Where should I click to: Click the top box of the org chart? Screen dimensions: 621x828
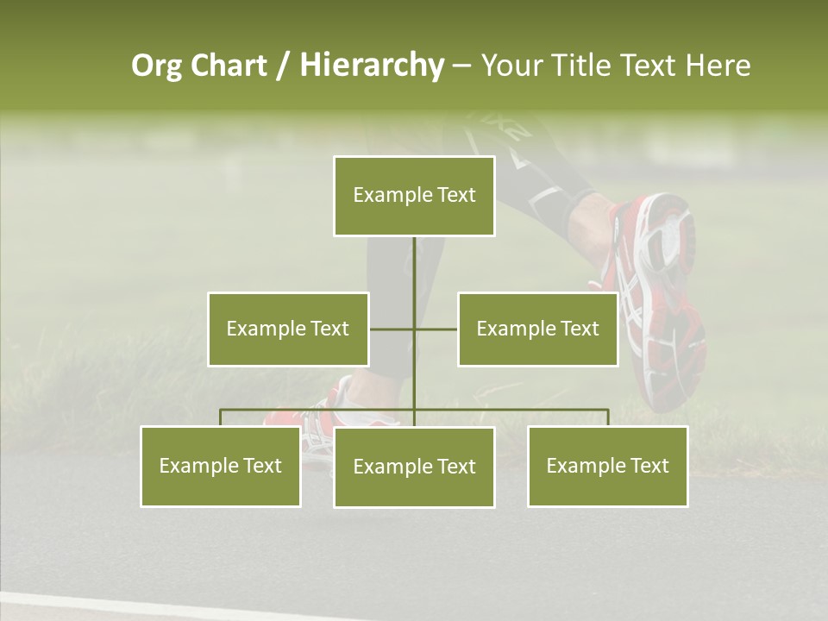coord(414,196)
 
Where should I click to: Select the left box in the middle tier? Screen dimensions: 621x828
coord(288,329)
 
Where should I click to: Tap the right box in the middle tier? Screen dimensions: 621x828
coord(537,329)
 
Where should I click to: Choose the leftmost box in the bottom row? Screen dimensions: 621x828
coord(221,466)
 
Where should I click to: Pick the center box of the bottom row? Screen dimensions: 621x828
coord(414,467)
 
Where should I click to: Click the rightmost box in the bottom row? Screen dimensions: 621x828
coord(607,466)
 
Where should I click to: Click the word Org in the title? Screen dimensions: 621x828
coord(156,66)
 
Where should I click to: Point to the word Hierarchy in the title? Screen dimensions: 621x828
coord(371,66)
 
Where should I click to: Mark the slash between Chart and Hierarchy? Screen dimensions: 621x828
coord(283,66)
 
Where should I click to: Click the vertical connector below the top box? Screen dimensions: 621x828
coord(414,267)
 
